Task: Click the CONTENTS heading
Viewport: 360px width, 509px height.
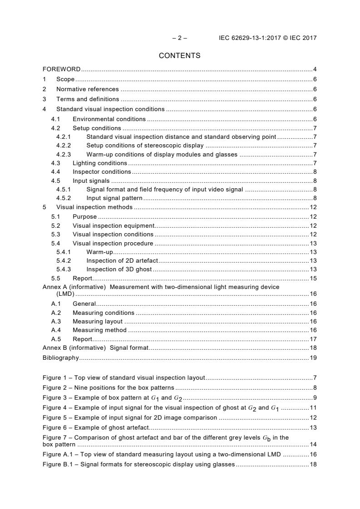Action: coord(179,56)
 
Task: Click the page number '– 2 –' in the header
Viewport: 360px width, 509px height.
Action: coord(179,38)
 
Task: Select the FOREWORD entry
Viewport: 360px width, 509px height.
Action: coord(61,69)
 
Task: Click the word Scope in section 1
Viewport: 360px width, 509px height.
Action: coord(65,79)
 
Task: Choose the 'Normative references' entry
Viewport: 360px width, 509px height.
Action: coord(87,89)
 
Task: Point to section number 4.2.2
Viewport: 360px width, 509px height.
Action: coord(64,146)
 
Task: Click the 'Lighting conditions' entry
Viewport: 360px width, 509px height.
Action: coord(100,163)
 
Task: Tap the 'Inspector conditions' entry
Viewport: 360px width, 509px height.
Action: coord(102,172)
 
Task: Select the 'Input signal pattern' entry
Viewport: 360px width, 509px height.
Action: coord(114,198)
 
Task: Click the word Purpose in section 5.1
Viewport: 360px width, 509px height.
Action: coord(84,217)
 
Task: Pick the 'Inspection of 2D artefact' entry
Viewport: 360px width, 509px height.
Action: coord(122,261)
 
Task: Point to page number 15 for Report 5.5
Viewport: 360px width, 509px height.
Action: coord(313,279)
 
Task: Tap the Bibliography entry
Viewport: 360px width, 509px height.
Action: coord(60,358)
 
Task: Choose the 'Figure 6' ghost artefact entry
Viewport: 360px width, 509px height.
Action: coord(96,428)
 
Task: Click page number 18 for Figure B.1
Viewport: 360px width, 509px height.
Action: coord(313,465)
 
